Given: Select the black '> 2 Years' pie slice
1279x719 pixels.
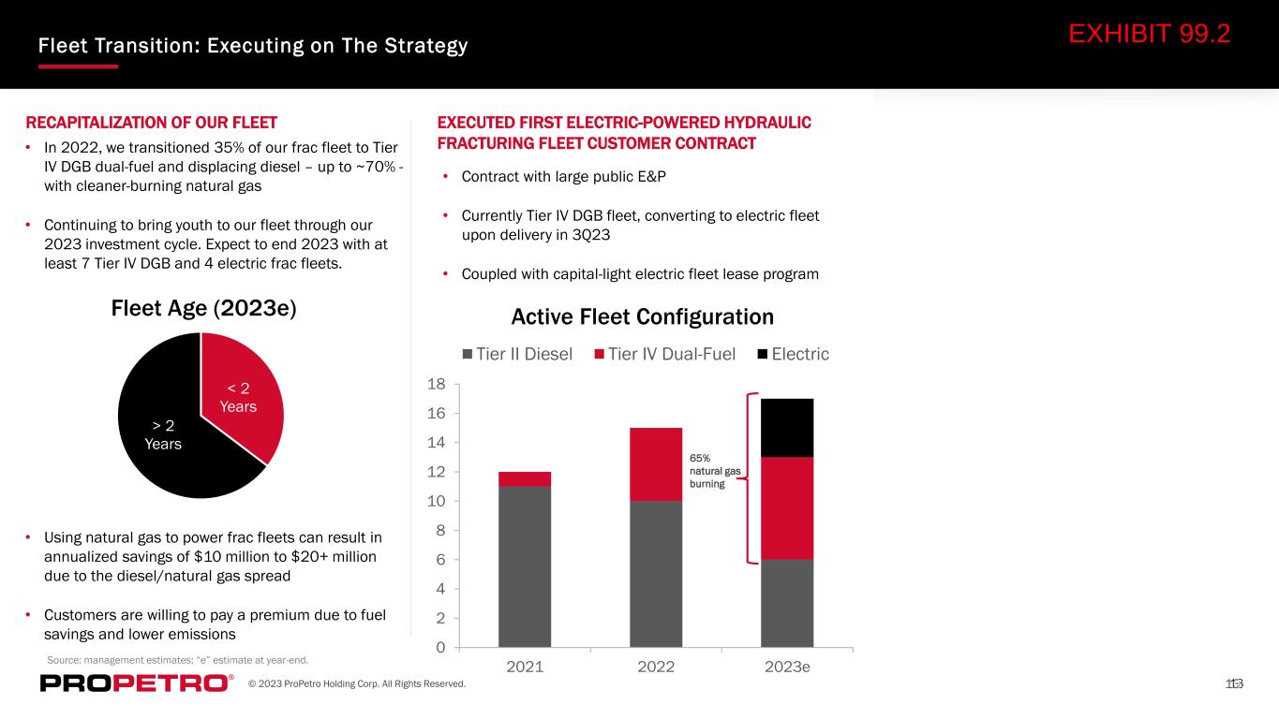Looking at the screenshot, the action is coord(166,434).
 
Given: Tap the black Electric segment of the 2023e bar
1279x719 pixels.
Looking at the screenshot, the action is coord(787,428).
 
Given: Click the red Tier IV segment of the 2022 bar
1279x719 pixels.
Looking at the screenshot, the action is coord(656,464).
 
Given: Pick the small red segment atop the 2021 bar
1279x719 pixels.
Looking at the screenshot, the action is coord(525,479).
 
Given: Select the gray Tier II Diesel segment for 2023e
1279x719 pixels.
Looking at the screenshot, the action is coord(787,603).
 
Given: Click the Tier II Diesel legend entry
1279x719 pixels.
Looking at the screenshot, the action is coord(517,355).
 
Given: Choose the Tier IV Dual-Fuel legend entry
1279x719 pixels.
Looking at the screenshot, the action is coord(665,355).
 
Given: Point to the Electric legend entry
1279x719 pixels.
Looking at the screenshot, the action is coord(793,355).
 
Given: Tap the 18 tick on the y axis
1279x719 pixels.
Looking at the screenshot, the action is coord(437,384).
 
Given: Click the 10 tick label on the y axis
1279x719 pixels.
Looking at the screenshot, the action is coord(437,501).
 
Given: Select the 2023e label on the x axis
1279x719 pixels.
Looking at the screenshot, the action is coord(787,667).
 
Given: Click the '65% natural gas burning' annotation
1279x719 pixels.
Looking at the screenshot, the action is coord(715,471).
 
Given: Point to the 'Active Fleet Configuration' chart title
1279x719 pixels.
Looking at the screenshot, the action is coord(643,316).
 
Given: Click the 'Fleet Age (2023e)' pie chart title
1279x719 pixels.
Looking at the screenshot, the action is coord(204,309).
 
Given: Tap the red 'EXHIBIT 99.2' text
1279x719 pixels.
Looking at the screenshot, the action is coord(1150,34).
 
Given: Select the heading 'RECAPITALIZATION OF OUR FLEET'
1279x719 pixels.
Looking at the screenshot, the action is coord(151,123).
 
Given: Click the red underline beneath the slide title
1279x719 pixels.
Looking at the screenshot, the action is coord(78,66).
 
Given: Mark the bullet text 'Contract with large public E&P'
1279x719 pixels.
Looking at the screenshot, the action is coord(563,177).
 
